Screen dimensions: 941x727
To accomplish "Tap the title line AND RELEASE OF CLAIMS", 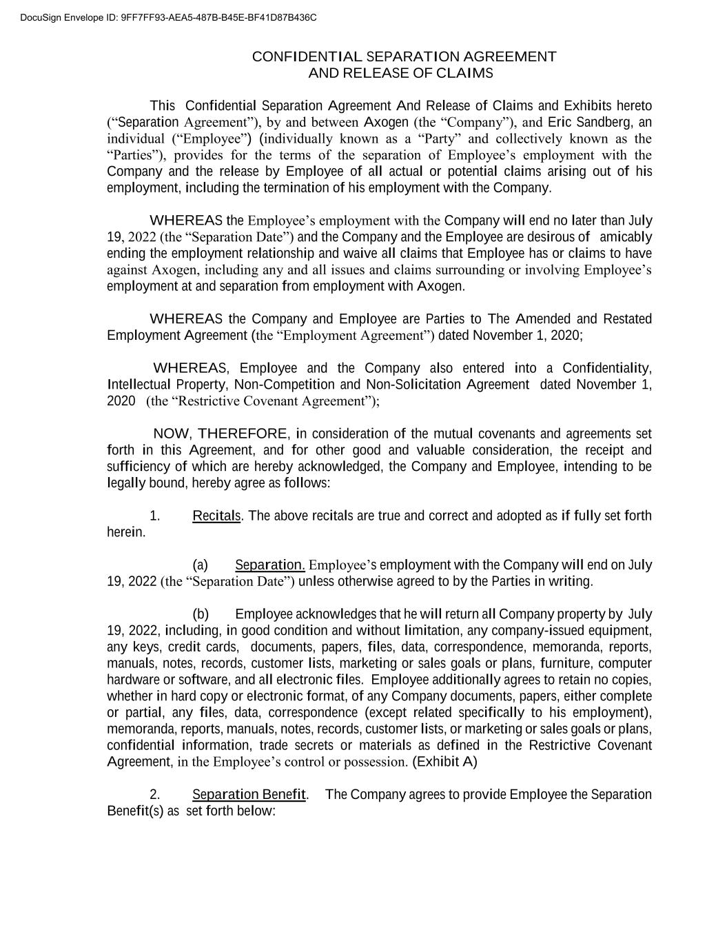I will (x=400, y=73).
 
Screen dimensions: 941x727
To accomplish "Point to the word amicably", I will (x=626, y=237).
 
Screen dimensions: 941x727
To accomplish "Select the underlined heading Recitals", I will (x=216, y=516).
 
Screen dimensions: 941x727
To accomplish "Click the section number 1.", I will (x=154, y=516).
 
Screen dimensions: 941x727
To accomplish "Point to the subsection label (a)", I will (x=201, y=565).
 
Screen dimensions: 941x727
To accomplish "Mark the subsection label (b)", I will (x=201, y=614).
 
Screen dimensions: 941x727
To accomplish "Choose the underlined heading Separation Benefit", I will (x=249, y=795).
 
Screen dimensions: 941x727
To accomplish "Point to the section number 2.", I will (x=154, y=795).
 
